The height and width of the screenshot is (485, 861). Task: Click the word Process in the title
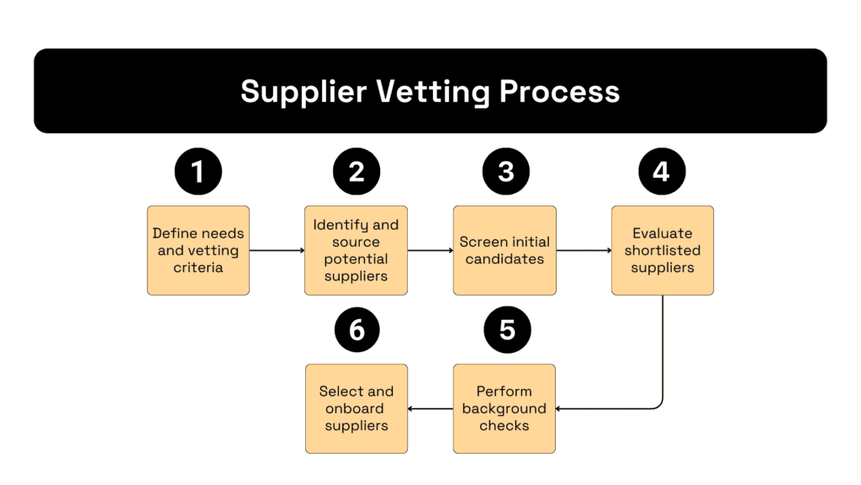(559, 91)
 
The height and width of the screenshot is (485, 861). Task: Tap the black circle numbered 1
(198, 172)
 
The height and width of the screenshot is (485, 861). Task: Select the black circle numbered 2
(357, 172)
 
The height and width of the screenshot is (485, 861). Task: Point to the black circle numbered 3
(505, 172)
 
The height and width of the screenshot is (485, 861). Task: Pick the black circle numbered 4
(662, 172)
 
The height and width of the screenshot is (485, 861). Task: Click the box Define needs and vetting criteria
(198, 250)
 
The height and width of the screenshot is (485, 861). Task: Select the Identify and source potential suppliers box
(357, 250)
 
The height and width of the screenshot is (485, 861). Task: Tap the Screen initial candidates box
(504, 250)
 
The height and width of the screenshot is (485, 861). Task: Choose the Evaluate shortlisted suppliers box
(663, 250)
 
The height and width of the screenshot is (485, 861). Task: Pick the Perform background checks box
(504, 408)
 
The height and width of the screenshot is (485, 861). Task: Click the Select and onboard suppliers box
(357, 408)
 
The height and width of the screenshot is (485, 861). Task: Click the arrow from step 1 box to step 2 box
(277, 250)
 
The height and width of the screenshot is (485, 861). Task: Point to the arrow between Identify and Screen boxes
(430, 250)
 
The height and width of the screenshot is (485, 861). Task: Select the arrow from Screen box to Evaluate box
(584, 250)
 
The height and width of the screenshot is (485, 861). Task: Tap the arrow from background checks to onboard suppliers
(430, 409)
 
